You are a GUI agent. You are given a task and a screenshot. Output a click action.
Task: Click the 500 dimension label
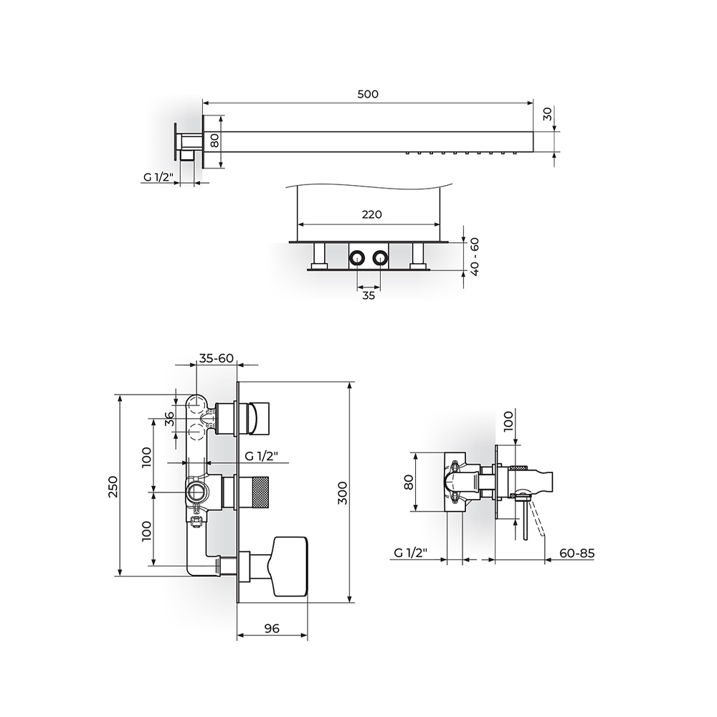(x=368, y=94)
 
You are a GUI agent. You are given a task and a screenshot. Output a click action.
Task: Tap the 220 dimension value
(x=371, y=214)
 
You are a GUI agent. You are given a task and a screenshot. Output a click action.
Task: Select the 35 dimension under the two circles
(x=369, y=295)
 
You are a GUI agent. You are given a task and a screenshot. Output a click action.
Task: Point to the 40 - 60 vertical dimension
(x=475, y=257)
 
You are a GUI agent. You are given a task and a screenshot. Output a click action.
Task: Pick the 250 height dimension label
(x=113, y=487)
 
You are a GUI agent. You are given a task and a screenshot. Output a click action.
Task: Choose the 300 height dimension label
(x=343, y=493)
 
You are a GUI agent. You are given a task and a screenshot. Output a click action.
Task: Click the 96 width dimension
(x=272, y=629)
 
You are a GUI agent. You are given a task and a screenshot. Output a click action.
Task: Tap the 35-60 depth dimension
(x=217, y=358)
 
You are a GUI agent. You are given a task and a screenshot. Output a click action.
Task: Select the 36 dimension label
(x=169, y=419)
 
